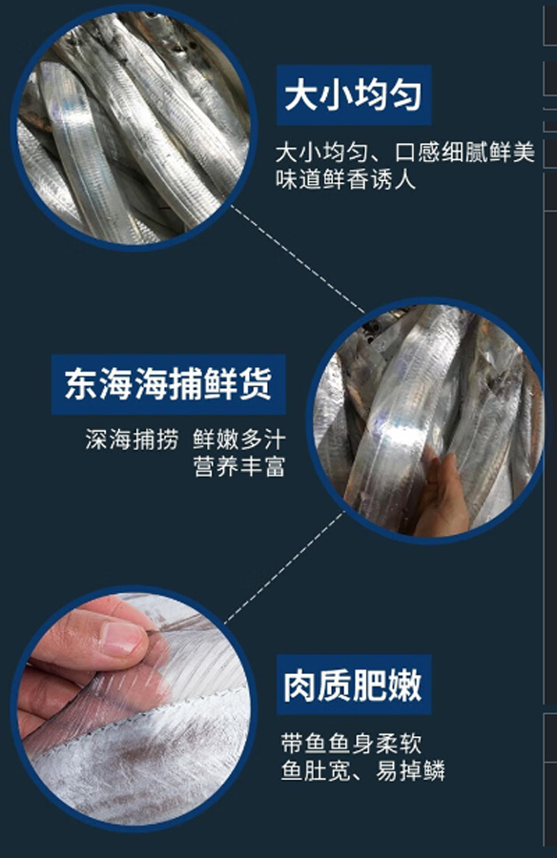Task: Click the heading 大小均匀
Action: (x=353, y=95)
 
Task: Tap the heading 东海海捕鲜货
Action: (x=168, y=384)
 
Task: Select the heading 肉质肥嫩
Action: (x=353, y=684)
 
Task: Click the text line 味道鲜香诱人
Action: (x=345, y=179)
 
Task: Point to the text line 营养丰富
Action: (x=239, y=467)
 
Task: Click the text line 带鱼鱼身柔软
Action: (x=351, y=744)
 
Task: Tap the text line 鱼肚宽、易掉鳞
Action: (x=363, y=771)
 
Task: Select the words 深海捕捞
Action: (x=132, y=439)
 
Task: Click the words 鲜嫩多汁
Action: (x=239, y=439)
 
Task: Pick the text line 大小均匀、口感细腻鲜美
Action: (x=405, y=152)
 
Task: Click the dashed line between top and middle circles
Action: (x=298, y=259)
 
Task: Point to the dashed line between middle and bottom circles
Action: (x=284, y=567)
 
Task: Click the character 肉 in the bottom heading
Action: (x=300, y=684)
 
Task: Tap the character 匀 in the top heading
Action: (x=406, y=95)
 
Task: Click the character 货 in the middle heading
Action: (x=256, y=384)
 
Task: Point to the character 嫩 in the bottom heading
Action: (x=406, y=684)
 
